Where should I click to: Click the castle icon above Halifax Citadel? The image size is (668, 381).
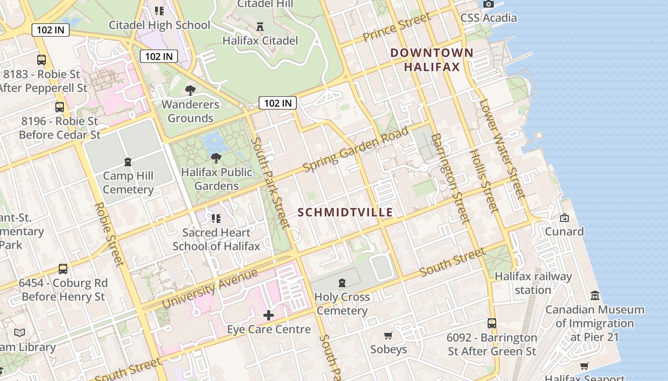click(x=260, y=26)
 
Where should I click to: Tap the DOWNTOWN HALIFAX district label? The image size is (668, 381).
click(x=432, y=60)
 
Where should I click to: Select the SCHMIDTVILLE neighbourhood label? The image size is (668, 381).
click(x=345, y=212)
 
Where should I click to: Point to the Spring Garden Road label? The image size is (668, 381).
click(x=356, y=149)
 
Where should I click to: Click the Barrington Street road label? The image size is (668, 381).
click(x=450, y=178)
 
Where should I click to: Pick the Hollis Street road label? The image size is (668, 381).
click(x=484, y=181)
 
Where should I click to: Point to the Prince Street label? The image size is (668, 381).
click(x=397, y=28)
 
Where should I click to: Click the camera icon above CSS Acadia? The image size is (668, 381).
click(x=488, y=4)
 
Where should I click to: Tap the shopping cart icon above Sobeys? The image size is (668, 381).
click(x=388, y=335)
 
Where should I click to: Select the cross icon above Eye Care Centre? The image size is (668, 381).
click(x=269, y=315)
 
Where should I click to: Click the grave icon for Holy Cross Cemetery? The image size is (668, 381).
click(x=342, y=283)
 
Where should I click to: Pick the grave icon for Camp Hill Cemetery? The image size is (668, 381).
click(x=128, y=162)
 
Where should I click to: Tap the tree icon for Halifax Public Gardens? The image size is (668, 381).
click(x=216, y=158)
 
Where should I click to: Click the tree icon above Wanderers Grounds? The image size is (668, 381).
click(x=190, y=90)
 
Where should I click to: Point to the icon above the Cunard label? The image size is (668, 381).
click(x=564, y=218)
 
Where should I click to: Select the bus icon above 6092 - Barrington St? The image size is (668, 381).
click(x=492, y=323)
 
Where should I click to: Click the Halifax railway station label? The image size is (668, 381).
click(x=533, y=283)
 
